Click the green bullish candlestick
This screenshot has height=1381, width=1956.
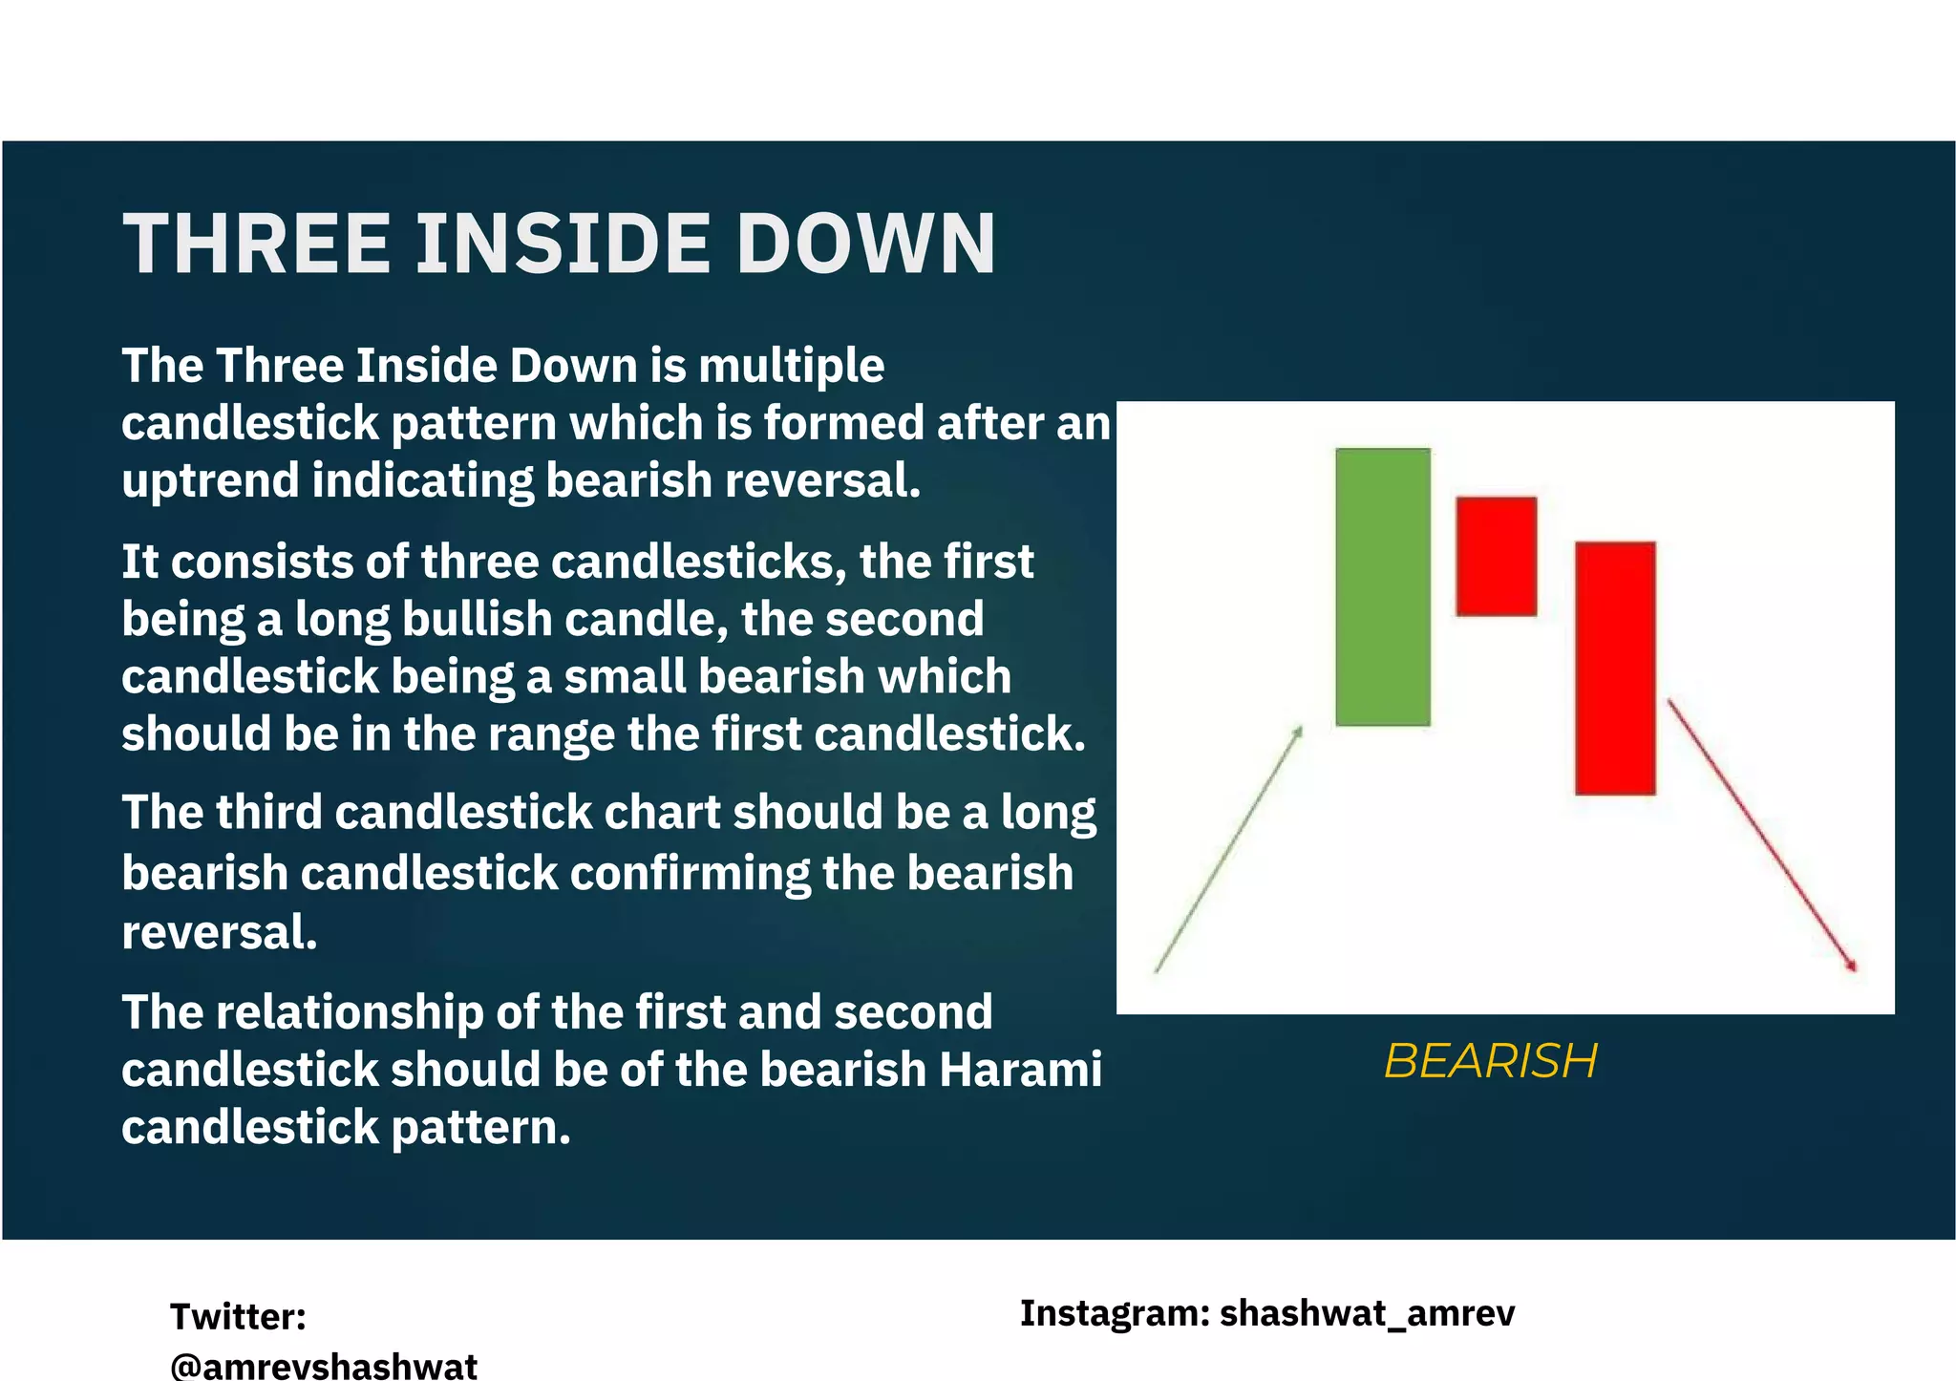pos(1382,586)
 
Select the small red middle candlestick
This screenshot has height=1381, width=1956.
pos(1496,556)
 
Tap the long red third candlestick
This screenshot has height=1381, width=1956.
pos(1614,668)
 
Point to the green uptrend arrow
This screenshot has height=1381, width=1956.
pos(1228,849)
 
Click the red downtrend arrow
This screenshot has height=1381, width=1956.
pos(1762,835)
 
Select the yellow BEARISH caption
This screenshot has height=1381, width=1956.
pos(1490,1060)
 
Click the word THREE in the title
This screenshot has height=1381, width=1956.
pos(257,244)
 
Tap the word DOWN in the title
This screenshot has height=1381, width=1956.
pos(865,244)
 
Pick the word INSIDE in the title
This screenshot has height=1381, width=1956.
pos(563,244)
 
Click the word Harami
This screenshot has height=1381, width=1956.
pos(1020,1070)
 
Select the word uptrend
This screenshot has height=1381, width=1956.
pos(209,480)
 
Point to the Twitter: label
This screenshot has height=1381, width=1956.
pos(238,1316)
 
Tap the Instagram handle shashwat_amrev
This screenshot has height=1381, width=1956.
pos(1367,1313)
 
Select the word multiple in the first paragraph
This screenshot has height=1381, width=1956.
pos(791,366)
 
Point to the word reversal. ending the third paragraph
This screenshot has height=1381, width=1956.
pos(219,932)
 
